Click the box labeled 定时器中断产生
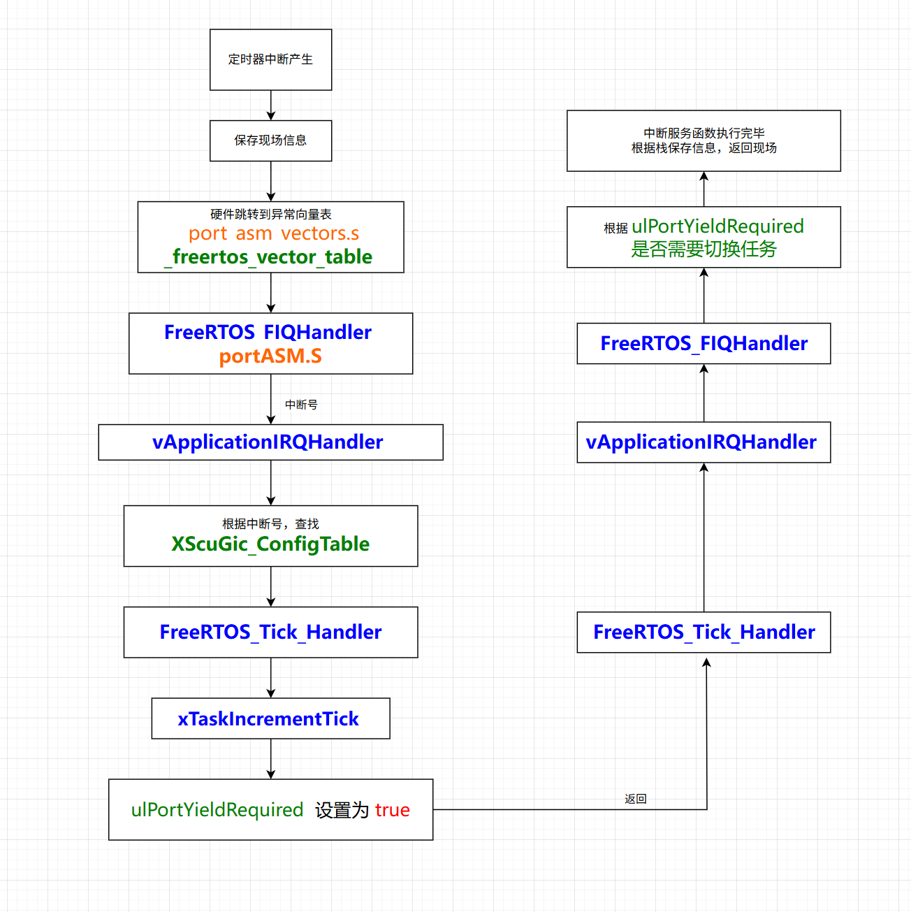270,59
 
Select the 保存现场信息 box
270,140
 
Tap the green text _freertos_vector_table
269,257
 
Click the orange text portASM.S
270,356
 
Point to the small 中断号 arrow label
301,405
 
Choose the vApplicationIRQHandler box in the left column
270,442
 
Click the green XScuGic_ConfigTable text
270,544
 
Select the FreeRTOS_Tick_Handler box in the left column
270,632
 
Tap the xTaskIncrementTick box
270,718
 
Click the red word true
392,810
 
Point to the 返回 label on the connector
635,799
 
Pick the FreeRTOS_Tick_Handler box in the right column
704,632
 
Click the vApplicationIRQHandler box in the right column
704,442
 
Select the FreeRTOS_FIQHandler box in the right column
704,343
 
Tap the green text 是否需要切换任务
704,249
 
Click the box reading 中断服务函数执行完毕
704,140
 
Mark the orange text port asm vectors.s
273,233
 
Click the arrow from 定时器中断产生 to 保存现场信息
271,105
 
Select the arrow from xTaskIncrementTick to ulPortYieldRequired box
271,758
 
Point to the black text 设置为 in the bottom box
342,810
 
